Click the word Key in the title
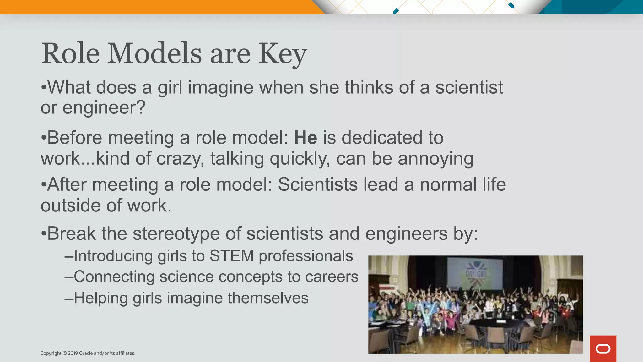coord(282,54)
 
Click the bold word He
coord(305,138)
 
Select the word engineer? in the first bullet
coord(104,108)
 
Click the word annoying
coord(435,159)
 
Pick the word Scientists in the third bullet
coord(317,184)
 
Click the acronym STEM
coord(231,256)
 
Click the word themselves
coord(268,298)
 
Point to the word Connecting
coord(114,277)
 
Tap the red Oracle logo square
coord(603,348)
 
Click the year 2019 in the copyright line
coord(73,353)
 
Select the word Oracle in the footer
coord(86,353)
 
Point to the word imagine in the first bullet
coord(220,87)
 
